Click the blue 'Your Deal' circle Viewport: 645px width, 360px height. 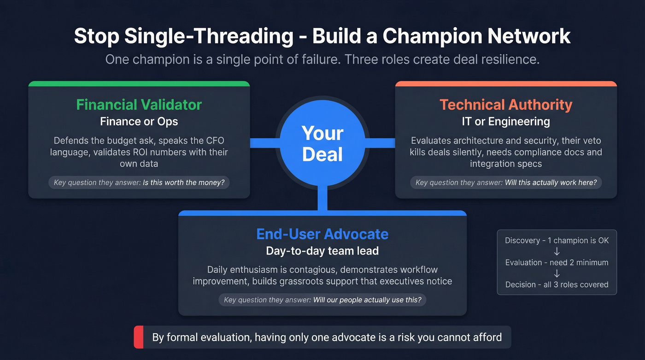click(x=322, y=143)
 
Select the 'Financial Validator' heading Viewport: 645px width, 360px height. click(x=139, y=105)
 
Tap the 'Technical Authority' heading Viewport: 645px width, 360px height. click(x=506, y=105)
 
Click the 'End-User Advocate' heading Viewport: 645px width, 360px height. click(x=322, y=234)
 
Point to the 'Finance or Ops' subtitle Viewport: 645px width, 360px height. click(x=139, y=122)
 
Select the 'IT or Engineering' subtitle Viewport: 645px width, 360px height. click(x=506, y=122)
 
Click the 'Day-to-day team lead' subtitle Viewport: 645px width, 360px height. click(x=322, y=251)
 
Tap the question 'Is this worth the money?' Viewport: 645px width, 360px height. click(x=183, y=183)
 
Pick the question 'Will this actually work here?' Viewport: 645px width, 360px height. click(x=551, y=183)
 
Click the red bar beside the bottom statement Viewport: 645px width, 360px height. click(x=139, y=337)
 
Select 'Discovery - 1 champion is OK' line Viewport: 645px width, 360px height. click(x=557, y=241)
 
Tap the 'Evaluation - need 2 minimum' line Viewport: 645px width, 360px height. click(x=557, y=263)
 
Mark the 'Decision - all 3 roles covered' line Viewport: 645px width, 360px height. click(x=557, y=285)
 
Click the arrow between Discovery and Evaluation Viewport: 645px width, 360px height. click(x=557, y=252)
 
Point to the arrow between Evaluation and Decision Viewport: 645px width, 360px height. click(x=557, y=274)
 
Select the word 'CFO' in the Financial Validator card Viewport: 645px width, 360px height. click(x=215, y=140)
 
